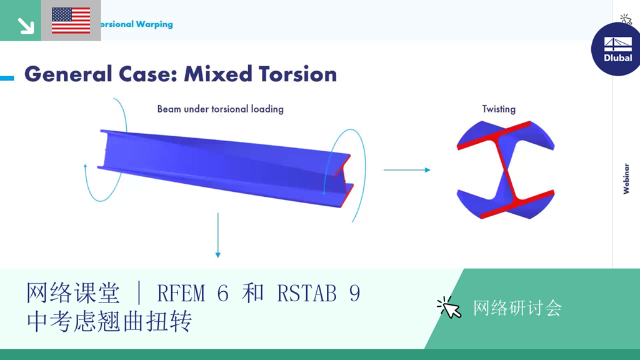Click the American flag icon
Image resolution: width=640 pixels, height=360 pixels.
(x=71, y=21)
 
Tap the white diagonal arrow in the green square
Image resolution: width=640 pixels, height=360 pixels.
(x=26, y=25)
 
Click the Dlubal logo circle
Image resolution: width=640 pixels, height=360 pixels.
(x=617, y=49)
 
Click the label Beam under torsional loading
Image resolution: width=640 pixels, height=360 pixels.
(x=220, y=109)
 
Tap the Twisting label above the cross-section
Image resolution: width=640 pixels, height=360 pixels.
(x=499, y=109)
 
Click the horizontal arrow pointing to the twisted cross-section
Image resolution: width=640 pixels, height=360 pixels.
(x=406, y=169)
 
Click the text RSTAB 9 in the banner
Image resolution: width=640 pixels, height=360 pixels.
(x=318, y=292)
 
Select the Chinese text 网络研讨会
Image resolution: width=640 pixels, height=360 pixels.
(x=517, y=307)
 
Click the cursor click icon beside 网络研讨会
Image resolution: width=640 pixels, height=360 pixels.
(x=449, y=307)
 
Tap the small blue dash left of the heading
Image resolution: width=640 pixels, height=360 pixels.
(x=7, y=78)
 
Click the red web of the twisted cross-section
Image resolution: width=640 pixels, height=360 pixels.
(x=506, y=169)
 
